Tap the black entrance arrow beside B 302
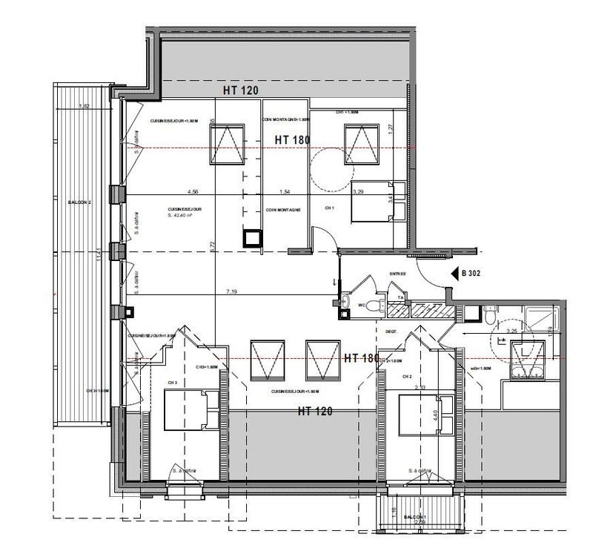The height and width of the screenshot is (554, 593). coord(455,273)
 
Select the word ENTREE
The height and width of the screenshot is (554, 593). coord(399,274)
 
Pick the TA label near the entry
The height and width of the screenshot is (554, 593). coord(400,297)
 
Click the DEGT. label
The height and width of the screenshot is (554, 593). coord(391,320)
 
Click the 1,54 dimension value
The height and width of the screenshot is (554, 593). coord(283,191)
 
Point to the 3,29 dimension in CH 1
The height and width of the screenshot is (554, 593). coord(357,192)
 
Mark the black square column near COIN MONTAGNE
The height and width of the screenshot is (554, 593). coord(253,237)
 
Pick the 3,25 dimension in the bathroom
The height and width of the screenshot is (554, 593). coord(511,332)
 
